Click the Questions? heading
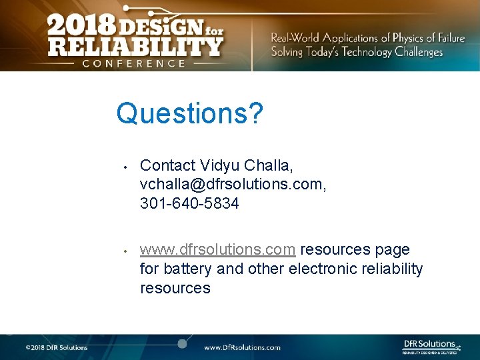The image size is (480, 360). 189,114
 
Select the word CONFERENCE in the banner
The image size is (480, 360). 133,63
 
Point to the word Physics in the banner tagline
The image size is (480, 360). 417,38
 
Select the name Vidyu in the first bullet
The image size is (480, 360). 220,165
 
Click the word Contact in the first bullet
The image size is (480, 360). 168,165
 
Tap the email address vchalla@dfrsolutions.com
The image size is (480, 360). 233,184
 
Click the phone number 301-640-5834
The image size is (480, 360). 189,203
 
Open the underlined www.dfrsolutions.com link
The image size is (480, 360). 217,250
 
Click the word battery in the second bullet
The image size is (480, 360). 189,269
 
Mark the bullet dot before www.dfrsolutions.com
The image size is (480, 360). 125,251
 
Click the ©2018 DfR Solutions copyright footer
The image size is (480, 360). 57,347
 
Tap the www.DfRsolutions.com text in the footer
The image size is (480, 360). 242,347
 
